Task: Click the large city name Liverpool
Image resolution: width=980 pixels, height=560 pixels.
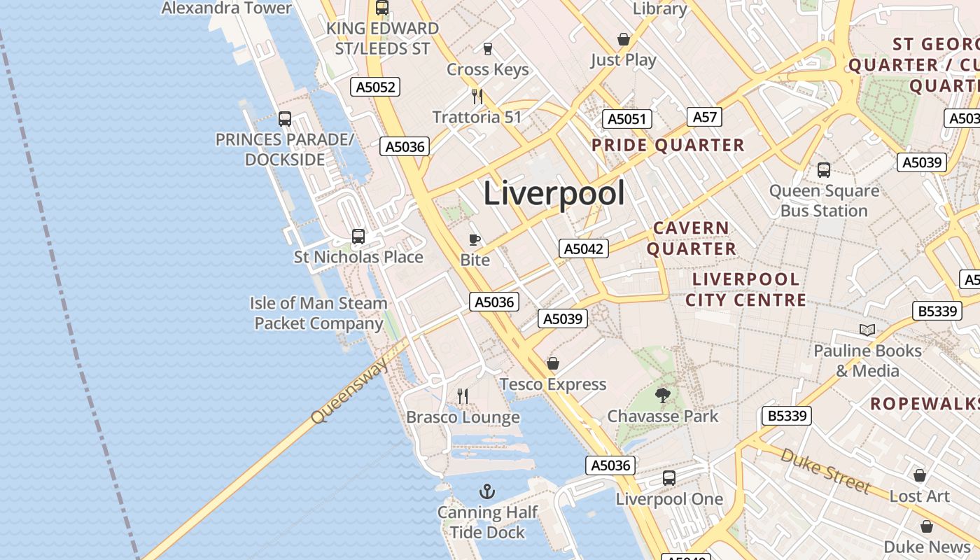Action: coord(554,193)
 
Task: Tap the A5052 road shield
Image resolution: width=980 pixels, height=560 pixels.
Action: coord(375,87)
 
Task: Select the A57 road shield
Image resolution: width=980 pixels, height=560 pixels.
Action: coord(704,117)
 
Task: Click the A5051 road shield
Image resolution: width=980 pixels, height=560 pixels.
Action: coord(627,119)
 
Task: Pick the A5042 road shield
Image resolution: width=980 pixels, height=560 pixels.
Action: coord(584,248)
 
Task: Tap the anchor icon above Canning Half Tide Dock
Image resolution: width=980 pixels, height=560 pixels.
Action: coord(487,491)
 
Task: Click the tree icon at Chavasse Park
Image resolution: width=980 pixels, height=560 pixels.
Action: coord(663,395)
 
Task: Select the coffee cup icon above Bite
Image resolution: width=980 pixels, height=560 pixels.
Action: coord(475,240)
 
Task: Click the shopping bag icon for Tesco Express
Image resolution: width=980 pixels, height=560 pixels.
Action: coord(553,363)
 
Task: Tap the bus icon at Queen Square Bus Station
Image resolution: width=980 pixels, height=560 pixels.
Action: coord(824,169)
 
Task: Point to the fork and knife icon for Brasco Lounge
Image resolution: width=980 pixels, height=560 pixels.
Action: coord(463,396)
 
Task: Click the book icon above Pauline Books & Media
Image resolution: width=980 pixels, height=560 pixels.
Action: coord(867,330)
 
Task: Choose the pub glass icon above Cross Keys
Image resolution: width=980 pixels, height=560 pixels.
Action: coord(488,49)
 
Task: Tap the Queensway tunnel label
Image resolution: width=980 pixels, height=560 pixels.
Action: coord(349,393)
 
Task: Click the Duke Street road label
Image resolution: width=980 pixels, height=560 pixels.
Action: coord(826,471)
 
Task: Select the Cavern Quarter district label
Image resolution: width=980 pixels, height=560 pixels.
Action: coord(691,238)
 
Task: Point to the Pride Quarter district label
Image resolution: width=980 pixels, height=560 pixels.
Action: coord(668,146)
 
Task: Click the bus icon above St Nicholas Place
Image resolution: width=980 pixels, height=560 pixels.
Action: coord(358,237)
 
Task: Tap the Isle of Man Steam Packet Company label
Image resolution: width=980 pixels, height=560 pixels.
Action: coord(318,313)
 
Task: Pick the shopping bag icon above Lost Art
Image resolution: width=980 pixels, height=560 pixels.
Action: coord(920,475)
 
